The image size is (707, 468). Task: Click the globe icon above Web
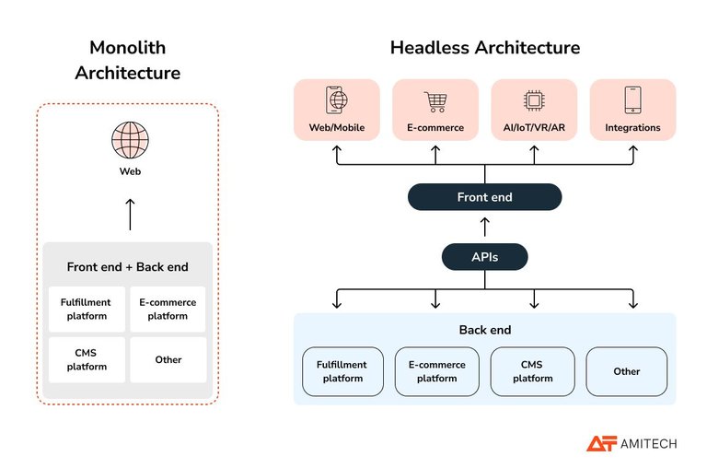tap(129, 140)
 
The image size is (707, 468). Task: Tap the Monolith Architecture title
tap(128, 60)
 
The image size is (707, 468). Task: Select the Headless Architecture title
tap(484, 47)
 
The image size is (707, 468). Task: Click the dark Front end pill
tap(484, 197)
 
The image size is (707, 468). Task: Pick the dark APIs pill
tap(484, 257)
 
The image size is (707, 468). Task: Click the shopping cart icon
tap(435, 101)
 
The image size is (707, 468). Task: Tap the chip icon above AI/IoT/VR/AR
tap(534, 101)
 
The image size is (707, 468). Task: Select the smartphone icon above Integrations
tap(632, 100)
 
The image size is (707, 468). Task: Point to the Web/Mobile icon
tap(336, 100)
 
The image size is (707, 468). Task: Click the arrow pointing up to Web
tap(129, 214)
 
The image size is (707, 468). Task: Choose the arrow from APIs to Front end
tap(484, 228)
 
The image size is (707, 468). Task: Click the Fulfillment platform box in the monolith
tap(86, 310)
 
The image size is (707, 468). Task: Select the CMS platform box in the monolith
tap(86, 359)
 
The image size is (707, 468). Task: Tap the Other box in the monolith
tap(168, 359)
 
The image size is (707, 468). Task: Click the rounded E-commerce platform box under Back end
tap(437, 371)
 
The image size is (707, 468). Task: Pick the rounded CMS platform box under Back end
tap(533, 371)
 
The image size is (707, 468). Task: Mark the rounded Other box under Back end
tap(627, 371)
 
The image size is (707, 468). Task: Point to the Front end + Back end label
tap(127, 267)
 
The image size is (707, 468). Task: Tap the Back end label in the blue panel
tap(484, 330)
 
